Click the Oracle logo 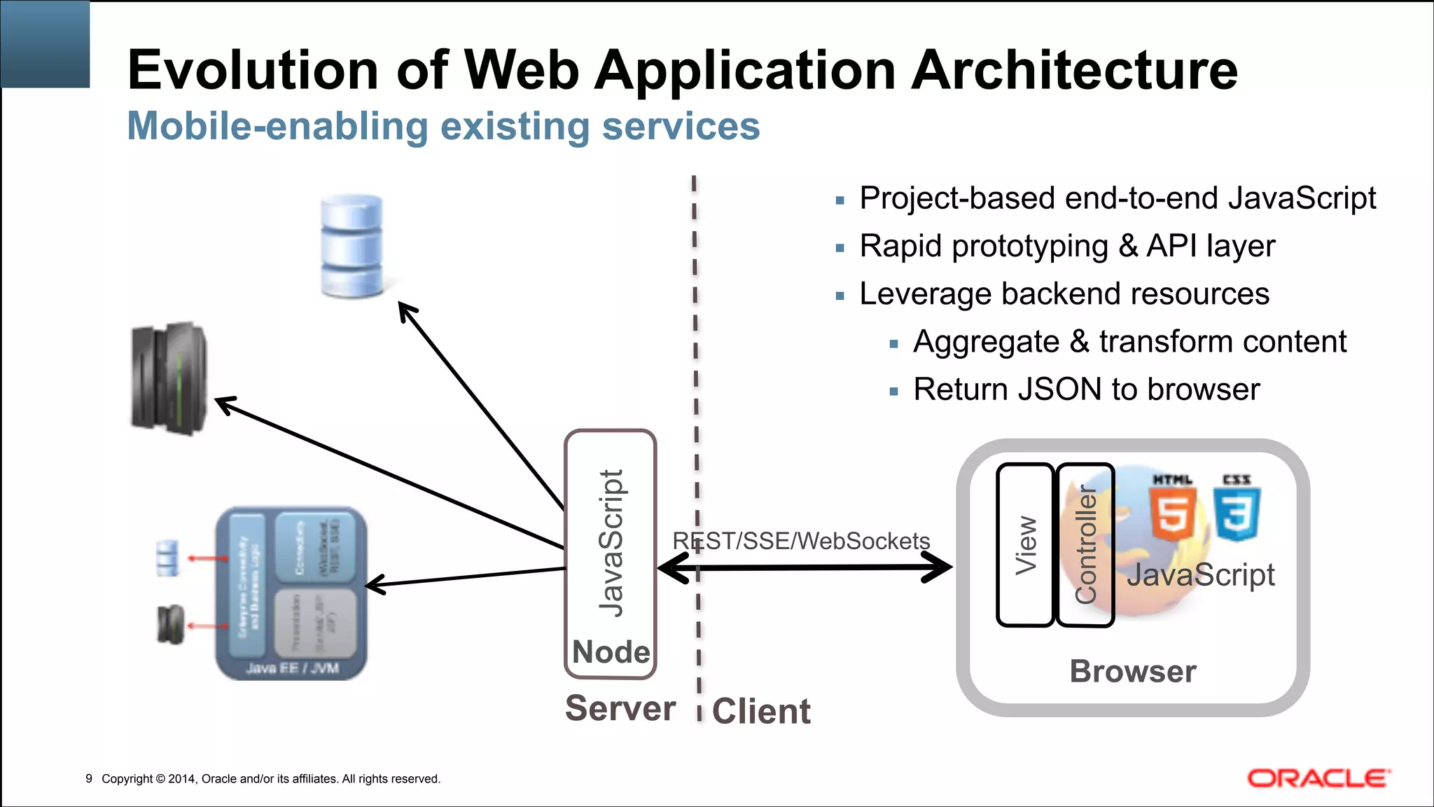(1318, 778)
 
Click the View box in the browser (1025, 545)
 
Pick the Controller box (1085, 545)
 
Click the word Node (611, 652)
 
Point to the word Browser (1132, 671)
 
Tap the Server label (620, 708)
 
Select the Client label (761, 712)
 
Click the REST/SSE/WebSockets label (801, 541)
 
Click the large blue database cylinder (351, 246)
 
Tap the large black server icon (169, 378)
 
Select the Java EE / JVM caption (292, 668)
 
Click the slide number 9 (89, 778)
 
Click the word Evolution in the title (253, 70)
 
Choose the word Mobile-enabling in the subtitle (277, 127)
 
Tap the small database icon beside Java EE (167, 558)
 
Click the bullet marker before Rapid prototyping (840, 248)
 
